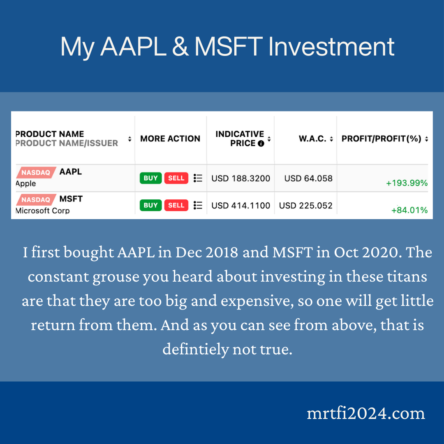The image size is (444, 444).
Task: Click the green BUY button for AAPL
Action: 150,178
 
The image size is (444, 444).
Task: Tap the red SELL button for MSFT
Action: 176,205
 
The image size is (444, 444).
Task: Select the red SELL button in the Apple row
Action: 176,178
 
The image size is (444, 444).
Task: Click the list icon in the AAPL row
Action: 198,178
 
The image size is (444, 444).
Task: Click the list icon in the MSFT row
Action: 198,205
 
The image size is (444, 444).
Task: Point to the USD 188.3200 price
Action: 240,178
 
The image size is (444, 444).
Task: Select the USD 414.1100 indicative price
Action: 240,206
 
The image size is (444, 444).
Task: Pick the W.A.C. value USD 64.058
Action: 308,178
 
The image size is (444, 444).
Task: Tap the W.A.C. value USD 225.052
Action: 305,206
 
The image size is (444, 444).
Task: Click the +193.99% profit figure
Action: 407,183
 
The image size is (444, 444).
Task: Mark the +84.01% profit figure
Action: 409,210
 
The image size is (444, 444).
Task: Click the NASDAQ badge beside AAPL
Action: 35,173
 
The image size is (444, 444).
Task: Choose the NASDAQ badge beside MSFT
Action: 35,200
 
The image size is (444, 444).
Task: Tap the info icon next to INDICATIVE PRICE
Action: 261,143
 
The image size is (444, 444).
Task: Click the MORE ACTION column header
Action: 170,139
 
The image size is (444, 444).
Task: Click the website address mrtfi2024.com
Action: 365,413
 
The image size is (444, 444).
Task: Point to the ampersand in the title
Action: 180,47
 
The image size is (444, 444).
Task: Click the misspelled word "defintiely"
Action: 195,349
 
